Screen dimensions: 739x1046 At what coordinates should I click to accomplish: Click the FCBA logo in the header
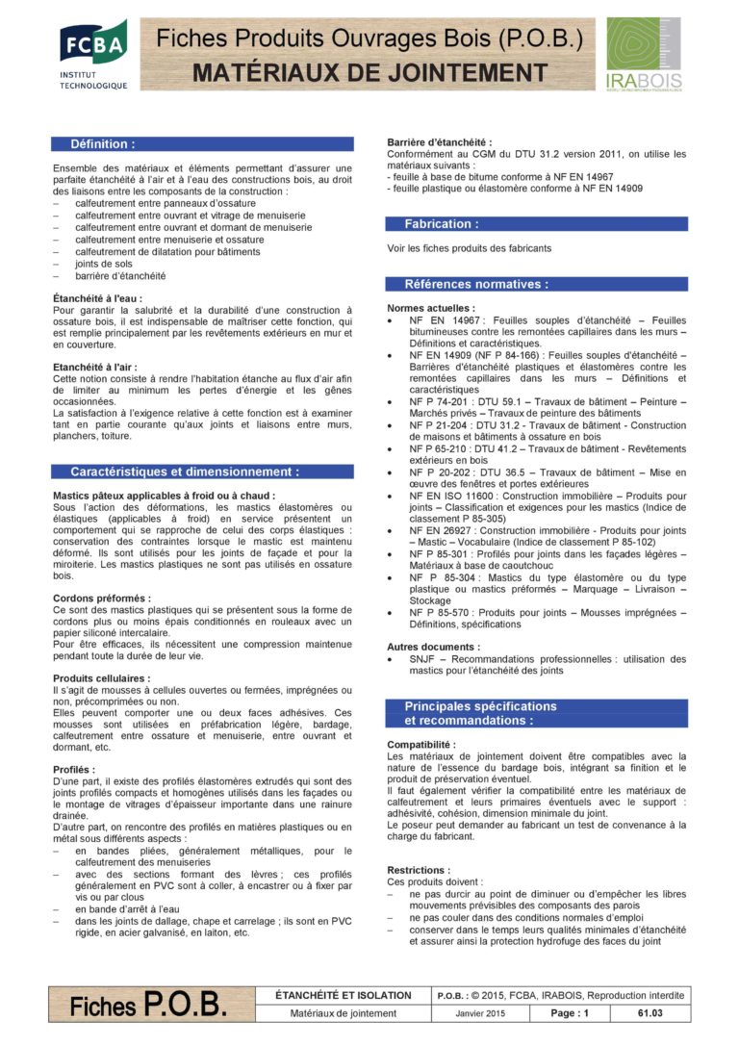point(93,55)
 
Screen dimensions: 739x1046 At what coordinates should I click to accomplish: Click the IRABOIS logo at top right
point(644,55)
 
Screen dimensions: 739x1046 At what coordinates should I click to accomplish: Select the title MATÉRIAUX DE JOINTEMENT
point(369,73)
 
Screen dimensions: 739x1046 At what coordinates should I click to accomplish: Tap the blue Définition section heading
point(103,144)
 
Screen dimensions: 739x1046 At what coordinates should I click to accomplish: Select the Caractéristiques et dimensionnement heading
point(184,472)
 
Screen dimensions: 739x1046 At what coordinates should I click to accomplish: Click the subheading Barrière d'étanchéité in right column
point(439,142)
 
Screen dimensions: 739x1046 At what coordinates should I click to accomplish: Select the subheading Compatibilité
point(421,745)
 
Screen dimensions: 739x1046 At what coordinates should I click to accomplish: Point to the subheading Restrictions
point(419,870)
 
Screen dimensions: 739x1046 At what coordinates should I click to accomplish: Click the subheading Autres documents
point(432,647)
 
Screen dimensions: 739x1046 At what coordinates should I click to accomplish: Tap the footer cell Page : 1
point(569,1013)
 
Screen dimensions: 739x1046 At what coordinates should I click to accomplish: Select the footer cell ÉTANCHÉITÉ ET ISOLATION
point(343,995)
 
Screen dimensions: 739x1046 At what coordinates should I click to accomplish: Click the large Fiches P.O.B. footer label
point(148,1006)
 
